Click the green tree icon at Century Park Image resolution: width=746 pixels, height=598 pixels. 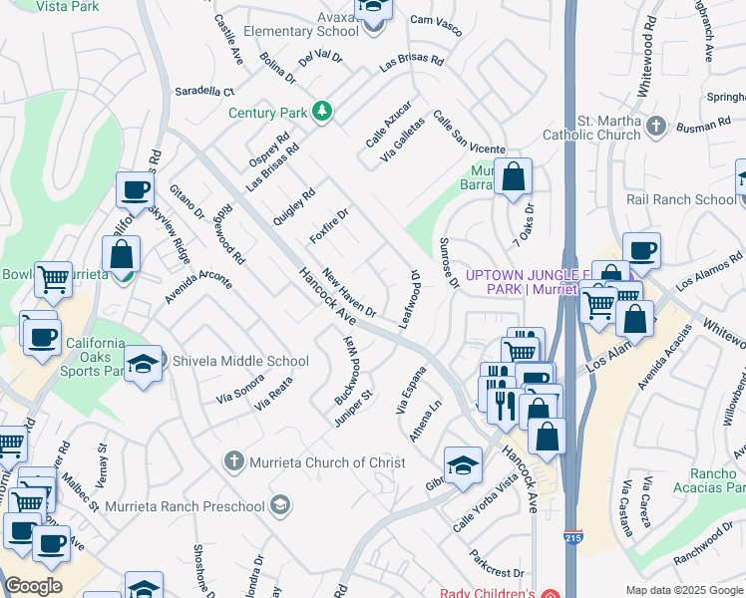[321, 111]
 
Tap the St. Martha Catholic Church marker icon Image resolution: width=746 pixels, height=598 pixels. [655, 126]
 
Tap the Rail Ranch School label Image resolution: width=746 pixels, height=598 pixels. [680, 199]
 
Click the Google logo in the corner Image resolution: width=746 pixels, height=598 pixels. [32, 585]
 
